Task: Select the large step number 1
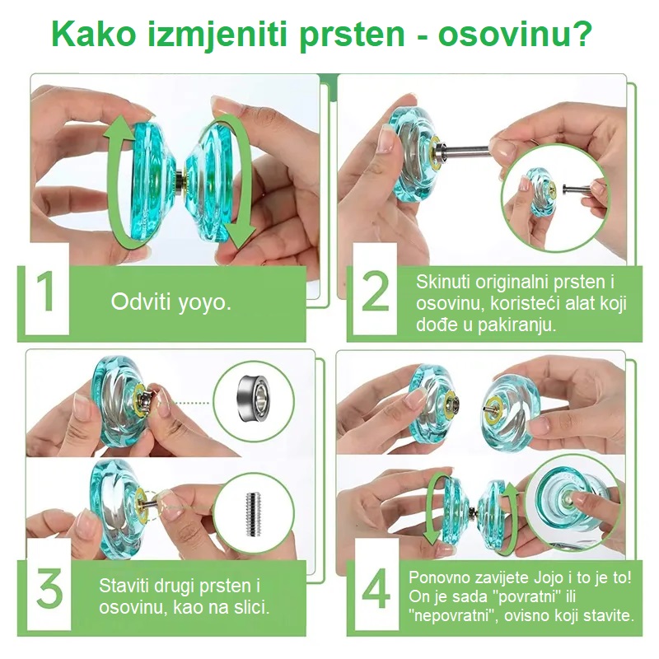coord(45,292)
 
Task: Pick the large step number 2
coord(375,292)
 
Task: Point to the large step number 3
coord(49,588)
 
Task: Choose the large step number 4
coord(376,588)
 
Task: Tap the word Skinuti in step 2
coord(443,282)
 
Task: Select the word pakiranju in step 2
coord(516,325)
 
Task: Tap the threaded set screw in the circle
coord(253,514)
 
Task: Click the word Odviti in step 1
coord(140,301)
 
